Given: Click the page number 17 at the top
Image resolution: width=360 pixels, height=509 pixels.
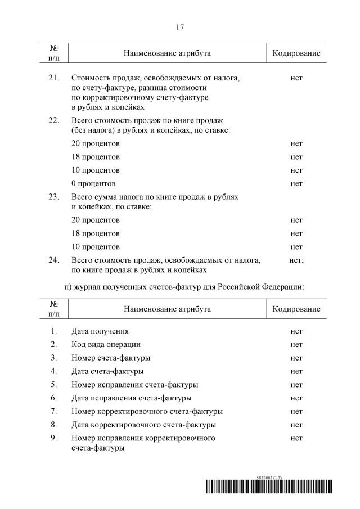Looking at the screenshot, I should click(x=180, y=27).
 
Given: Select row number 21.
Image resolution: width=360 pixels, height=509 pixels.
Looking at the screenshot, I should click(x=54, y=78).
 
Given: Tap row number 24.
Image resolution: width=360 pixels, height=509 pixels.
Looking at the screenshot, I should click(x=54, y=260).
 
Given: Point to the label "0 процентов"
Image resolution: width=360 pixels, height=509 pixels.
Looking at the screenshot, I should click(x=93, y=183).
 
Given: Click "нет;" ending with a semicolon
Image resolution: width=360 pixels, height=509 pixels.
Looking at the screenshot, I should click(x=296, y=260).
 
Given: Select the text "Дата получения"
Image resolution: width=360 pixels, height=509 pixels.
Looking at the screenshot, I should click(x=100, y=331).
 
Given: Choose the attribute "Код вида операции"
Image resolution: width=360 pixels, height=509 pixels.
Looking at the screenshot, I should click(x=106, y=344).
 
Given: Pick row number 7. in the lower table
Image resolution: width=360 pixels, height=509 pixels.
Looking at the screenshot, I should click(x=54, y=411).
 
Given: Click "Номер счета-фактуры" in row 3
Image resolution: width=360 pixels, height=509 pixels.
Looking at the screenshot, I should click(x=111, y=358).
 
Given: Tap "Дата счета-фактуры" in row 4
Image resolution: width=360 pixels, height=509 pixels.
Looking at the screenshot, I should click(x=107, y=371).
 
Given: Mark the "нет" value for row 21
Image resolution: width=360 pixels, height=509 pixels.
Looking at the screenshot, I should click(x=296, y=78).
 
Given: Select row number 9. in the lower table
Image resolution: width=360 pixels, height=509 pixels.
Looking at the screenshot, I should click(x=54, y=438).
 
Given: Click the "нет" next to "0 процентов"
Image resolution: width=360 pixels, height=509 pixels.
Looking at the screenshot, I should click(x=296, y=183).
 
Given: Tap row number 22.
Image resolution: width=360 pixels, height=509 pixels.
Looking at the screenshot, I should click(x=54, y=120).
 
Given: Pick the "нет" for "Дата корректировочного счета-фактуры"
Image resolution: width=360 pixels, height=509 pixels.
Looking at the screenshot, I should click(x=296, y=425).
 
